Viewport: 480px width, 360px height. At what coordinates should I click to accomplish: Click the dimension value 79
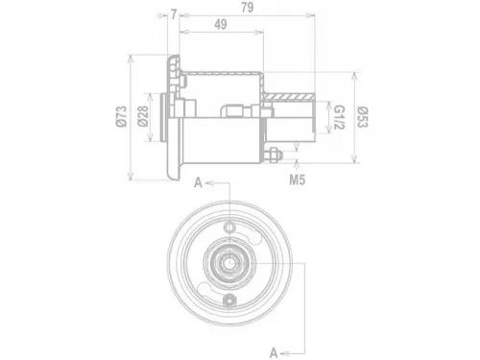pyautogui.click(x=248, y=8)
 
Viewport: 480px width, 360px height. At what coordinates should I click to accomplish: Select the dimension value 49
pyautogui.click(x=221, y=24)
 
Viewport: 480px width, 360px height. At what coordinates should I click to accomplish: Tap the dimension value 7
pyautogui.click(x=174, y=14)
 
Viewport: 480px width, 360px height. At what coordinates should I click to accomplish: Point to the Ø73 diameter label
pyautogui.click(x=122, y=116)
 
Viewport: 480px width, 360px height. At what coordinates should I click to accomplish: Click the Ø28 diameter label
pyautogui.click(x=143, y=116)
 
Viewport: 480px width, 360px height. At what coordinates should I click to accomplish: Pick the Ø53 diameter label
pyautogui.click(x=362, y=117)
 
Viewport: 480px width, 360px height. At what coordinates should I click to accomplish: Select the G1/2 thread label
pyautogui.click(x=339, y=117)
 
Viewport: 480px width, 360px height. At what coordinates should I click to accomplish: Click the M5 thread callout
pyautogui.click(x=298, y=180)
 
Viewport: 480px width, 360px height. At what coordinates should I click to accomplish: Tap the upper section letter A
pyautogui.click(x=199, y=183)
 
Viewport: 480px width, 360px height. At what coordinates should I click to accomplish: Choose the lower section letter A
pyautogui.click(x=274, y=353)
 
